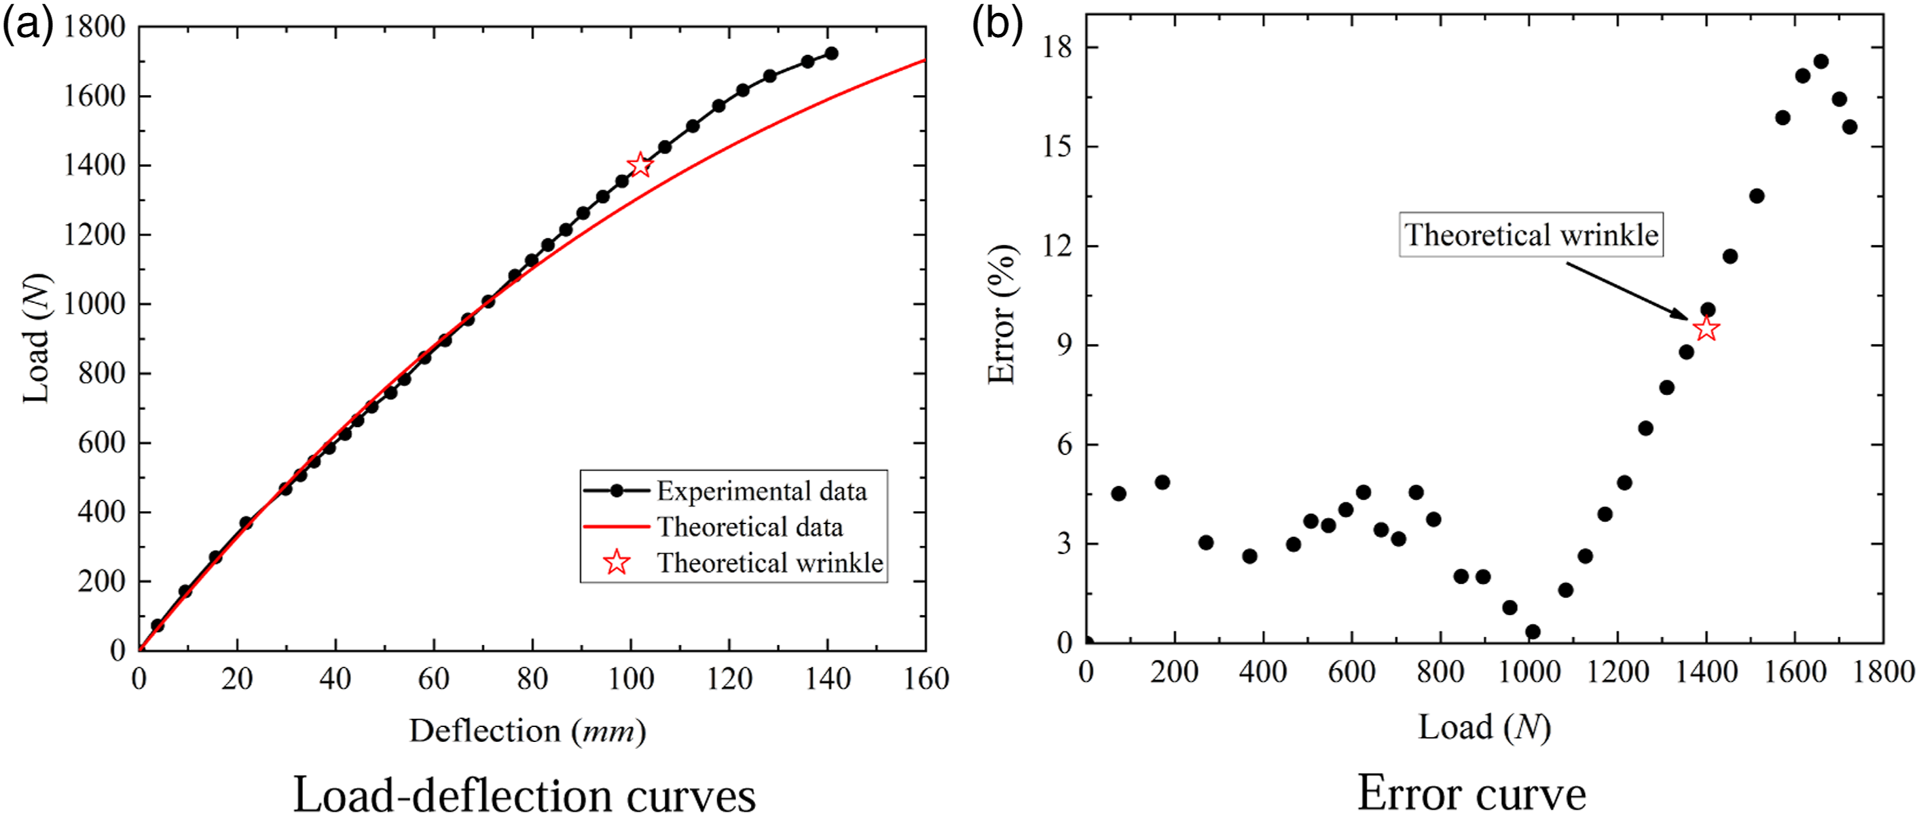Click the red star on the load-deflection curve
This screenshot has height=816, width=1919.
click(640, 164)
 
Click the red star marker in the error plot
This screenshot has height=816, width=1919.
click(1706, 329)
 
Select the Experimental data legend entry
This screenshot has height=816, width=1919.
click(726, 491)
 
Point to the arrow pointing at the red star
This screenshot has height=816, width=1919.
click(1628, 291)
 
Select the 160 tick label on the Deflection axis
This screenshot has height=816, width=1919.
click(926, 679)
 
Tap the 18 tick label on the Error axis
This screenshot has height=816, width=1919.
click(1057, 47)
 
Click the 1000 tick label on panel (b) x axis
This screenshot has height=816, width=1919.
click(1529, 672)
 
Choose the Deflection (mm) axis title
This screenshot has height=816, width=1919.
click(528, 731)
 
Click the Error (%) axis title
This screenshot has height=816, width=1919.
click(1002, 315)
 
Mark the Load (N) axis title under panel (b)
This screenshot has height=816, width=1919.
click(1484, 727)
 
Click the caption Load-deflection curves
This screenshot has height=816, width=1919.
click(524, 794)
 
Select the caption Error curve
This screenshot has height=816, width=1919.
click(1472, 794)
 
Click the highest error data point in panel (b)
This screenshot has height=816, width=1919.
click(1821, 61)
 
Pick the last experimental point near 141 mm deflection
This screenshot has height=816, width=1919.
click(830, 53)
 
